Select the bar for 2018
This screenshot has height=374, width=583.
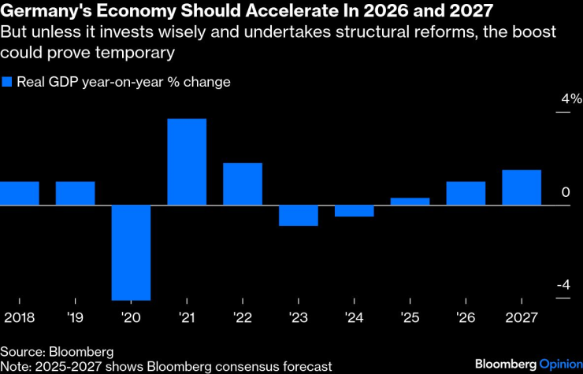pyautogui.click(x=19, y=194)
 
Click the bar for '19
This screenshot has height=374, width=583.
pyautogui.click(x=75, y=194)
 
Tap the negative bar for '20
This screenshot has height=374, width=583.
pyautogui.click(x=131, y=252)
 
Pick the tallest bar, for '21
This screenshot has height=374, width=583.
pyautogui.click(x=187, y=162)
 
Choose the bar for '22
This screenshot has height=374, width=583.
pyautogui.click(x=243, y=184)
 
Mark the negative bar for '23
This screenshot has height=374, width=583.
pyautogui.click(x=299, y=216)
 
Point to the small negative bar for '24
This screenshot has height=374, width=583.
pyautogui.click(x=355, y=211)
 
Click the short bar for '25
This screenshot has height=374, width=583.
pyautogui.click(x=410, y=202)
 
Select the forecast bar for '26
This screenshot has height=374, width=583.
pyautogui.click(x=466, y=194)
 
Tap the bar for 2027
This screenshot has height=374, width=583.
pyautogui.click(x=522, y=187)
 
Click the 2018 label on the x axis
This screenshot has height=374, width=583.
pyautogui.click(x=19, y=317)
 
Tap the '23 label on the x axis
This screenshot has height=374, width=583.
pyautogui.click(x=299, y=317)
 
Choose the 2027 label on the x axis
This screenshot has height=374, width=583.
pyautogui.click(x=522, y=317)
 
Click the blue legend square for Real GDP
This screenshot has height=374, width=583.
pyautogui.click(x=8, y=82)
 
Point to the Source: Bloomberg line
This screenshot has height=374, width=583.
pyautogui.click(x=57, y=351)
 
